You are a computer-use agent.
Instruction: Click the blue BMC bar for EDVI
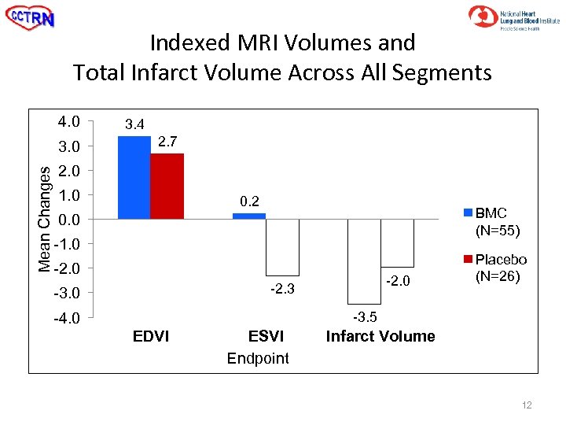pos(134,177)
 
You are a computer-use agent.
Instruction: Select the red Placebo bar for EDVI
pos(167,186)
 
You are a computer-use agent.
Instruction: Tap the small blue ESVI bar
pos(249,216)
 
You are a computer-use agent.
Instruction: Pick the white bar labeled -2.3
pos(282,246)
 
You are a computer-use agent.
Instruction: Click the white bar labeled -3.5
pos(364,261)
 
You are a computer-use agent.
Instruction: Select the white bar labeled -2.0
pos(397,243)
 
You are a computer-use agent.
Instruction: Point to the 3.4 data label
pos(134,124)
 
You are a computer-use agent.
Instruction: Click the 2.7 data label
pos(167,142)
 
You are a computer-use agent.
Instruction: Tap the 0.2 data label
pos(249,201)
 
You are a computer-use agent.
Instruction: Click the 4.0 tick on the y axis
pos(68,122)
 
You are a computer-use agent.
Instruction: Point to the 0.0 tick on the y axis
pos(68,220)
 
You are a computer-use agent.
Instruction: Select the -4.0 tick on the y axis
pos(67,319)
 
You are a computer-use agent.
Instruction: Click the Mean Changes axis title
pos(46,219)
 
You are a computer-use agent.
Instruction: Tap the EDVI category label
pos(150,337)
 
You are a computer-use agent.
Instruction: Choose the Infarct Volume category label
pos(380,337)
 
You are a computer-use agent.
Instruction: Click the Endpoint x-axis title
pos(258,359)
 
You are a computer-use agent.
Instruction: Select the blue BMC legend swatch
pos(469,213)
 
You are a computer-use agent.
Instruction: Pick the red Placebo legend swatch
pos(469,260)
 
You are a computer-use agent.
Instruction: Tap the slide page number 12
pos(527,405)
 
